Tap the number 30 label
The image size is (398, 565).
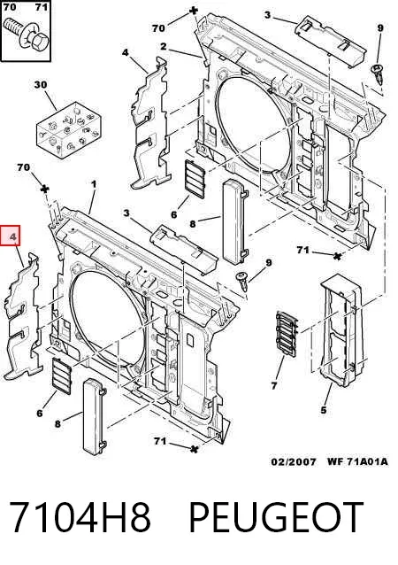41,85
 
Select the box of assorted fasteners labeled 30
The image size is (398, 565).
68,130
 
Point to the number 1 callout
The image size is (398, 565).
94,184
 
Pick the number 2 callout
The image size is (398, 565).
164,46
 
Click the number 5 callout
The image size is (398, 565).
324,410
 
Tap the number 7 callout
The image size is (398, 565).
274,385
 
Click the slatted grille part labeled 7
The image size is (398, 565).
287,334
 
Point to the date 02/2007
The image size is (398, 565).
294,461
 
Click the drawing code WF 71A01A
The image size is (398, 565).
357,461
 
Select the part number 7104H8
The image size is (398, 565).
80,517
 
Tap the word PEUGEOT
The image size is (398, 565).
276,517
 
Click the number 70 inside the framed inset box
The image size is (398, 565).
10,7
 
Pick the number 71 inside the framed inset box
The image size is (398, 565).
42,7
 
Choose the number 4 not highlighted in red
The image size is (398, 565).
125,52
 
